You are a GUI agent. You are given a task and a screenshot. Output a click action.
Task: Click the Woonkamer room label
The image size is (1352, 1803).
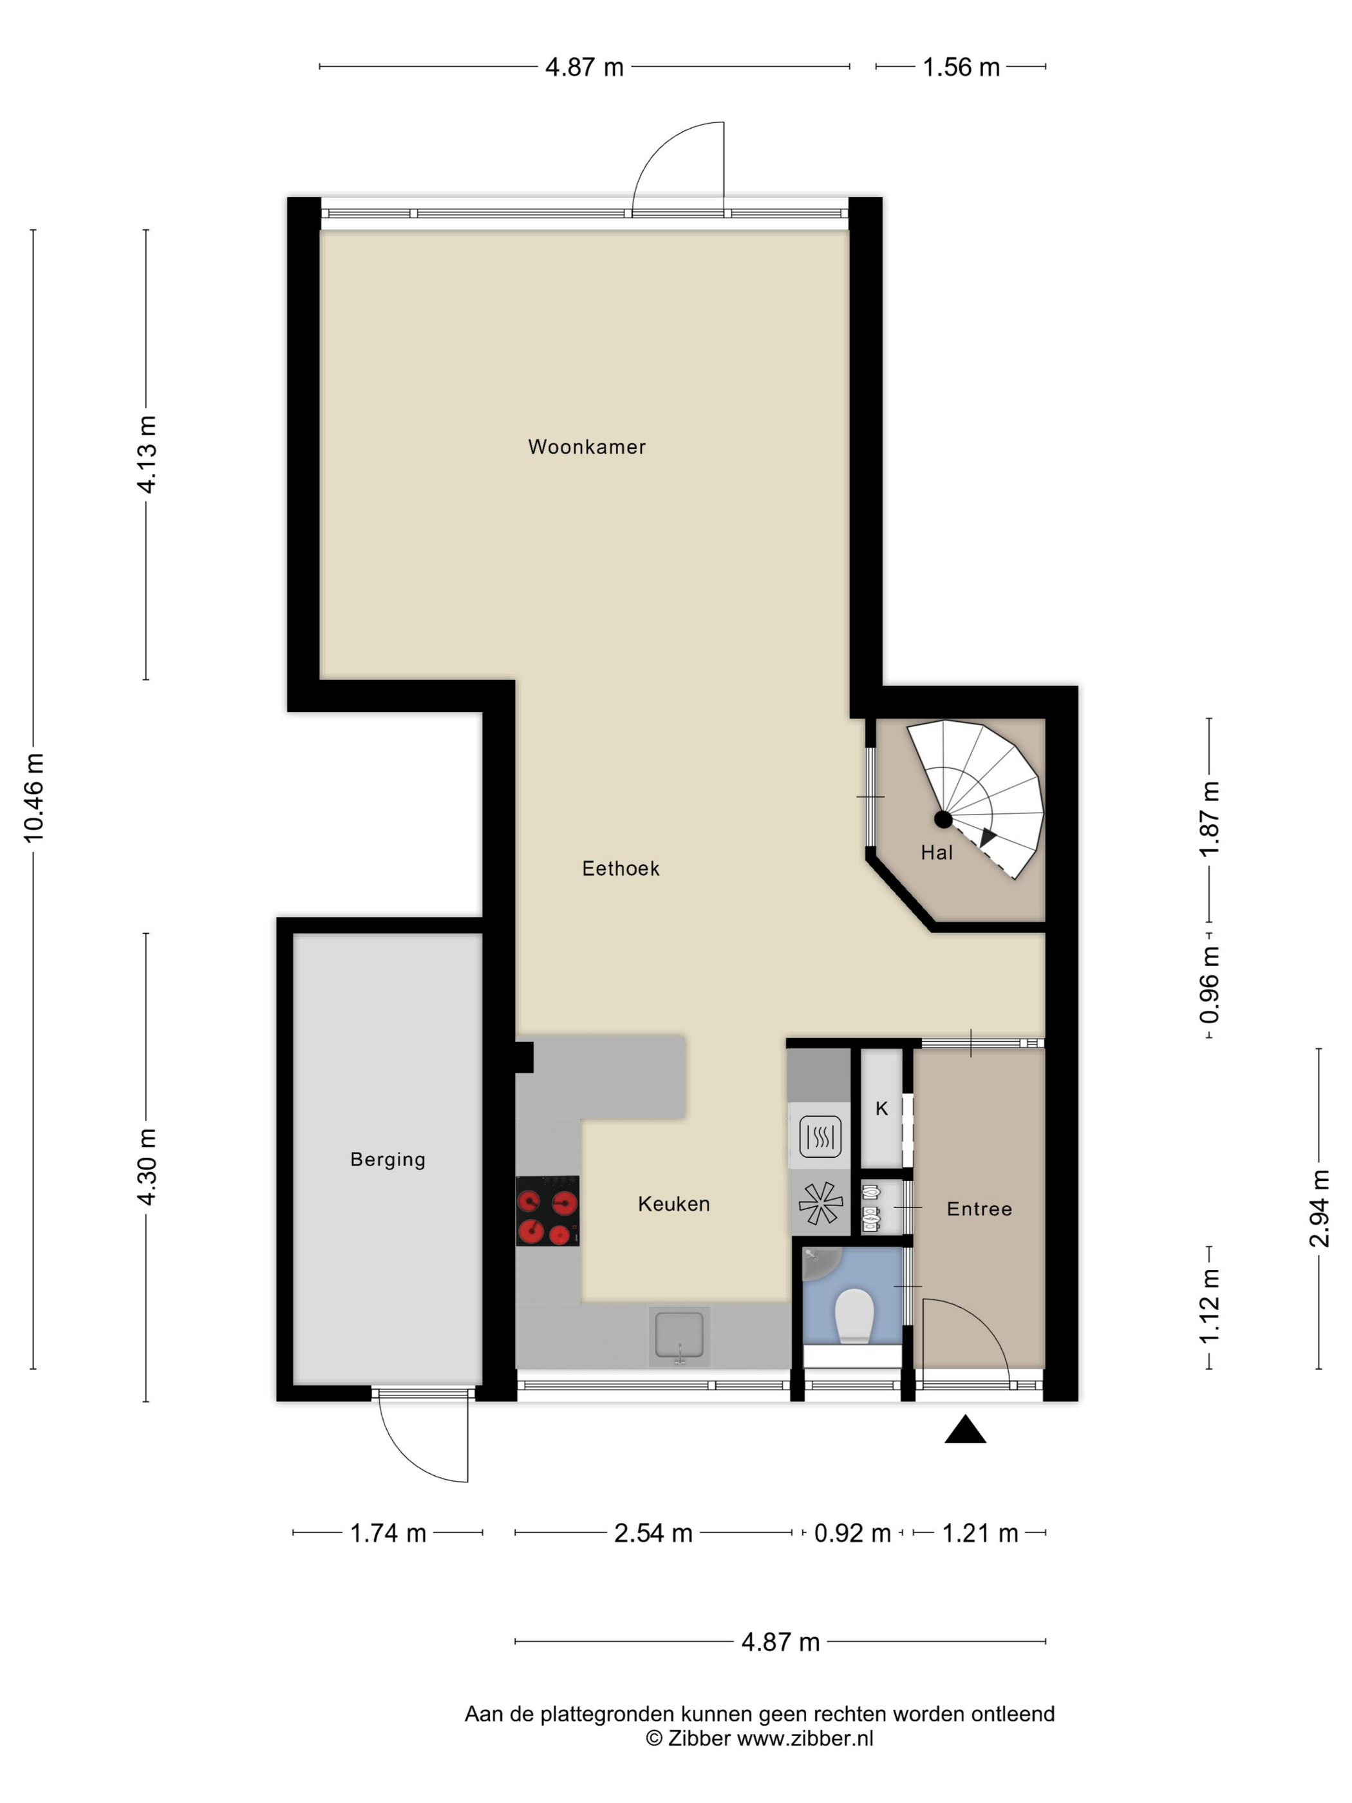click(587, 447)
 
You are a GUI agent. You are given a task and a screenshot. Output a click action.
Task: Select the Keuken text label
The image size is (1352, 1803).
click(674, 1204)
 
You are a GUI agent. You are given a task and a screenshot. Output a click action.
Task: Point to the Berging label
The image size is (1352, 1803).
click(388, 1160)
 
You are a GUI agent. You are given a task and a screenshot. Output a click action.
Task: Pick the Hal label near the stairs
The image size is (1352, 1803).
click(936, 853)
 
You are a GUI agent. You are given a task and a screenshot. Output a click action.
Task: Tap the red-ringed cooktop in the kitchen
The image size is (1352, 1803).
click(548, 1211)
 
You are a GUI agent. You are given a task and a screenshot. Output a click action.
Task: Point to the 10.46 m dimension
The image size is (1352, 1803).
click(34, 798)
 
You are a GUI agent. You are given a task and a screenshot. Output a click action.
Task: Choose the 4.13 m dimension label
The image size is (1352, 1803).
click(147, 454)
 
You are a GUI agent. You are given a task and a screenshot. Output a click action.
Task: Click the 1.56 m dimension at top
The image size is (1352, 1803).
click(961, 67)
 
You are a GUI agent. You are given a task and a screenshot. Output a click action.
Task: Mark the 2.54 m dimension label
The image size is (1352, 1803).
click(653, 1533)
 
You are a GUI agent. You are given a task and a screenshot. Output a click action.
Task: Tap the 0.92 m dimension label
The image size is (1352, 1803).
click(852, 1533)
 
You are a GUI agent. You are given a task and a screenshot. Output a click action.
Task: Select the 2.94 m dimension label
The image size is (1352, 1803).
click(1319, 1208)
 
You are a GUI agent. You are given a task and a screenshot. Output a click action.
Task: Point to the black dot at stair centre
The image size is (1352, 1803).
click(943, 819)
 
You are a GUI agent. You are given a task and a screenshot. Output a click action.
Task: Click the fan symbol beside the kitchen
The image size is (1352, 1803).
click(819, 1203)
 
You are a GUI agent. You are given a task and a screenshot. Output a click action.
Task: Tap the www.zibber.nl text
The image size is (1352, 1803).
click(805, 1739)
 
